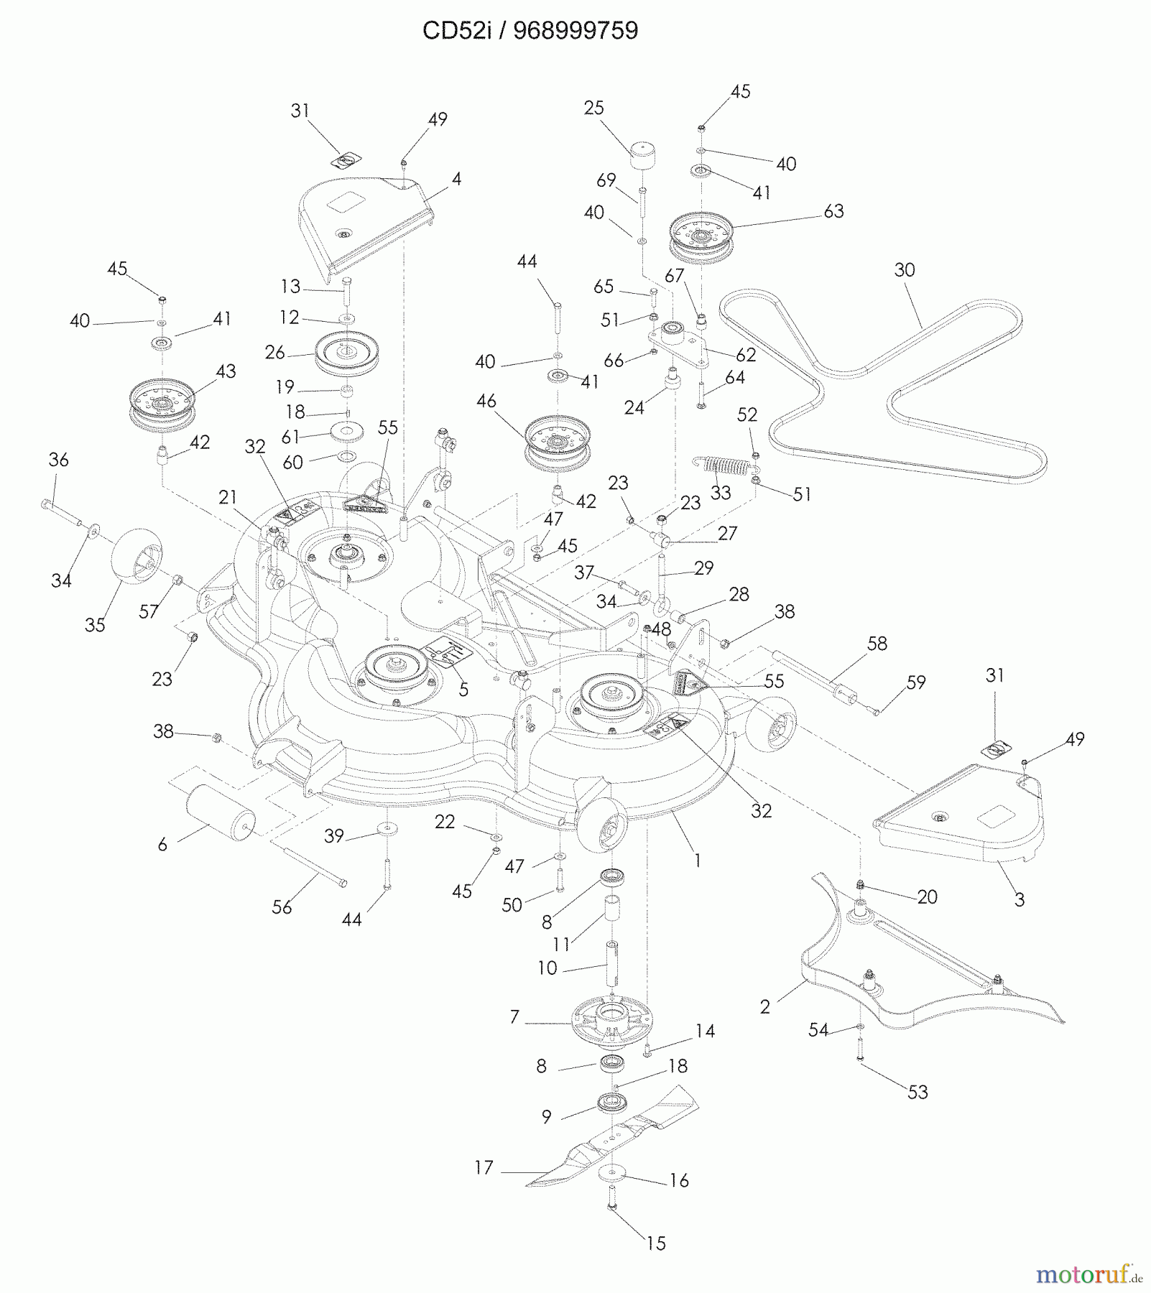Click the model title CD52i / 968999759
[530, 31]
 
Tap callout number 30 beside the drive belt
[905, 270]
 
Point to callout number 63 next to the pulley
[833, 211]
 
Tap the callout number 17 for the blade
[484, 1168]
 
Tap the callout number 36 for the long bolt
[59, 460]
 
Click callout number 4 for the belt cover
[456, 179]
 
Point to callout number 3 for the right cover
[1019, 899]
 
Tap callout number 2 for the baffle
[764, 1007]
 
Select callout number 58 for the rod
[877, 644]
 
